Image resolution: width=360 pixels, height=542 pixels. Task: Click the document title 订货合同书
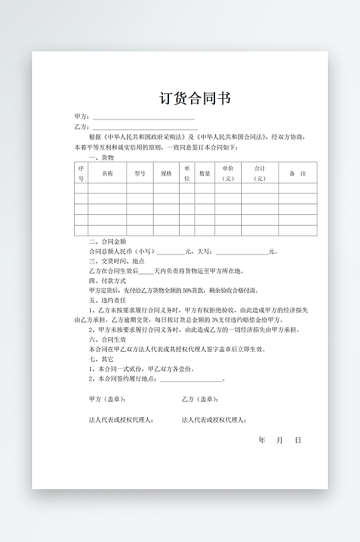pos(195,99)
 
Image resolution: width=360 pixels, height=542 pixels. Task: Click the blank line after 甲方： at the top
pos(144,117)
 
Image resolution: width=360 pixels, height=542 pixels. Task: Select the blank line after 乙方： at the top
pos(144,127)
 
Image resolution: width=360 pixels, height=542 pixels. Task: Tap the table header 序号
pos(81,173)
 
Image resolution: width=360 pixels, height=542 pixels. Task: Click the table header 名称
pos(107,173)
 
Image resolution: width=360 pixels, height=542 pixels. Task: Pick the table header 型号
pos(140,173)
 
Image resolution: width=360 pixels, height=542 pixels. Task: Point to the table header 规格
pos(166,173)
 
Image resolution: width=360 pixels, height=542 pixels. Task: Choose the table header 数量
pos(205,173)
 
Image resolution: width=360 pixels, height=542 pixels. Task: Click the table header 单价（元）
pos(228,173)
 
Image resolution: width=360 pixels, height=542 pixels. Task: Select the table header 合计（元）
pos(260,173)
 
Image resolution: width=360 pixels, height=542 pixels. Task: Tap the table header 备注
pos(297,173)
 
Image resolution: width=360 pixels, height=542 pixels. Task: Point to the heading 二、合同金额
pos(108,242)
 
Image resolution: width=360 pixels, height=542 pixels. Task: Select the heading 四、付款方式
pos(108,281)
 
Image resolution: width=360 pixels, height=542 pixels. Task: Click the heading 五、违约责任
pos(108,300)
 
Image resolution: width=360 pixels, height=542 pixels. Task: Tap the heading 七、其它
pos(102,359)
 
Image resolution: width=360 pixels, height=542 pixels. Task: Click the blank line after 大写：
pos(241,252)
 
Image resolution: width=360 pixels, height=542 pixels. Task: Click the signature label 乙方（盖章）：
pos(200,399)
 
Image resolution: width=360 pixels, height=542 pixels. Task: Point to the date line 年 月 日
pos(280,441)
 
